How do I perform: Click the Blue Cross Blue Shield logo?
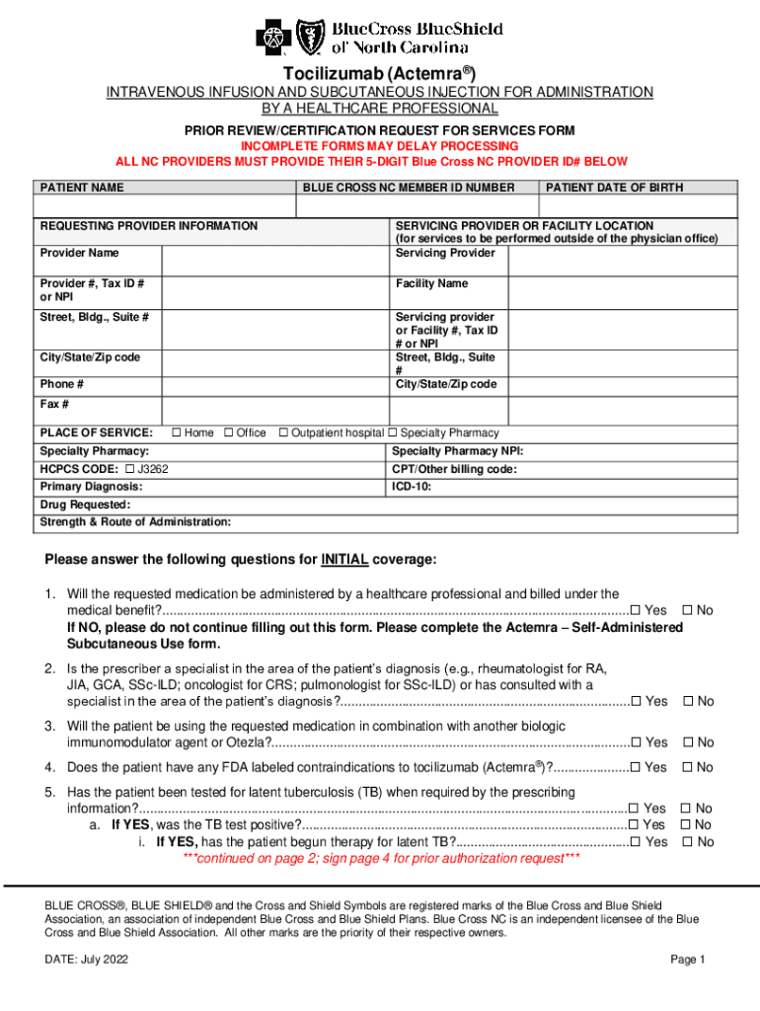[x=381, y=39]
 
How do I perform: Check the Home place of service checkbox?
[x=177, y=433]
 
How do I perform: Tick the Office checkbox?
[x=229, y=433]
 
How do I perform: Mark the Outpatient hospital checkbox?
[x=283, y=433]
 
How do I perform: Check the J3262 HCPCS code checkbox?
[x=129, y=470]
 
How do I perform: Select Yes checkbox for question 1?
[x=636, y=611]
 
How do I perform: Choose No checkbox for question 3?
[x=688, y=742]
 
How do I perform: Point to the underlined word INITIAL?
[x=344, y=560]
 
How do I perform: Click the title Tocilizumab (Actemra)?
[x=380, y=74]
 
